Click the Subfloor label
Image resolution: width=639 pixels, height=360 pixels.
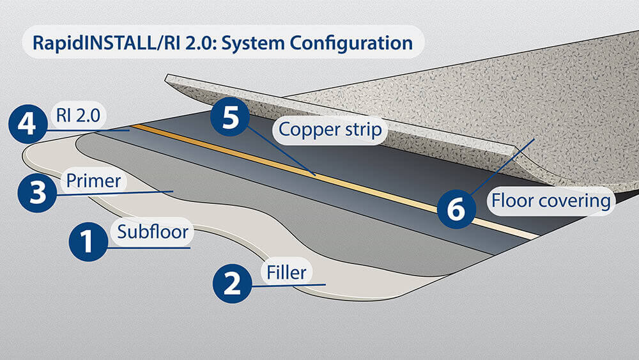(153, 231)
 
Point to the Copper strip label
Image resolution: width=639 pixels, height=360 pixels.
(330, 130)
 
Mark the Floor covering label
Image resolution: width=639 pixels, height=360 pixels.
(550, 201)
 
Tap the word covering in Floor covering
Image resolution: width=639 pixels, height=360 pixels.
(578, 201)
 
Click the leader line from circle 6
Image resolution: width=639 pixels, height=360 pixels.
(502, 166)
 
